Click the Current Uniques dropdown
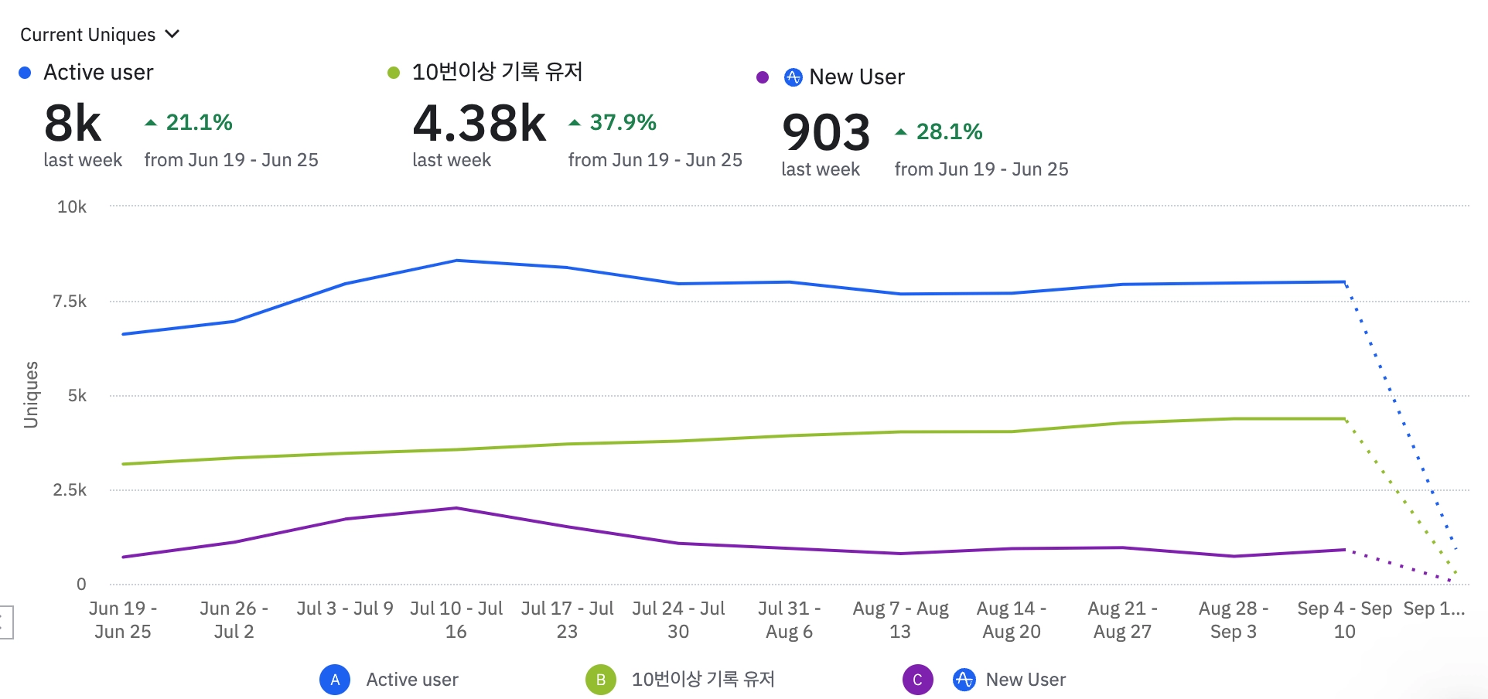(99, 35)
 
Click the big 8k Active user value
(73, 124)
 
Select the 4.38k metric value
(479, 124)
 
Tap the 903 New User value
(825, 132)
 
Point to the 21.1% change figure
(199, 122)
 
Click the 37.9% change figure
(623, 122)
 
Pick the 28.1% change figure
(949, 131)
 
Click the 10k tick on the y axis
(72, 206)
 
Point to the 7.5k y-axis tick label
(70, 301)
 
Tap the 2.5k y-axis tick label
(70, 489)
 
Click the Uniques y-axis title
(31, 394)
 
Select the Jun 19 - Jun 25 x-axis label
(123, 619)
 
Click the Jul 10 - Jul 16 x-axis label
(456, 619)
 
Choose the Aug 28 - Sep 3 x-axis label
(1233, 619)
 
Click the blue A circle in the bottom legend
(335, 680)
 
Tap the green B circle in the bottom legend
(601, 680)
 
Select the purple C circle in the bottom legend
(917, 680)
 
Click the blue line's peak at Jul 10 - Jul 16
(456, 261)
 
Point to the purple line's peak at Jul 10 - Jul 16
(456, 508)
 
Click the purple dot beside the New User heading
(763, 77)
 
